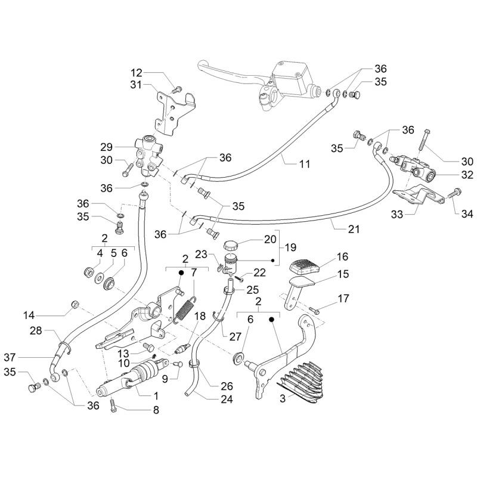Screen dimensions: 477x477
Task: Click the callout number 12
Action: pos(137,72)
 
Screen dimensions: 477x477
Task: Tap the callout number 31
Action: pos(137,85)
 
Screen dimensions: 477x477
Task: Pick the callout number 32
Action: pos(467,175)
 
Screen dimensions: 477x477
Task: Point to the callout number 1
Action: pos(154,396)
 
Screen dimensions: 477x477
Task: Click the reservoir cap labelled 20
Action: pos(230,245)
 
